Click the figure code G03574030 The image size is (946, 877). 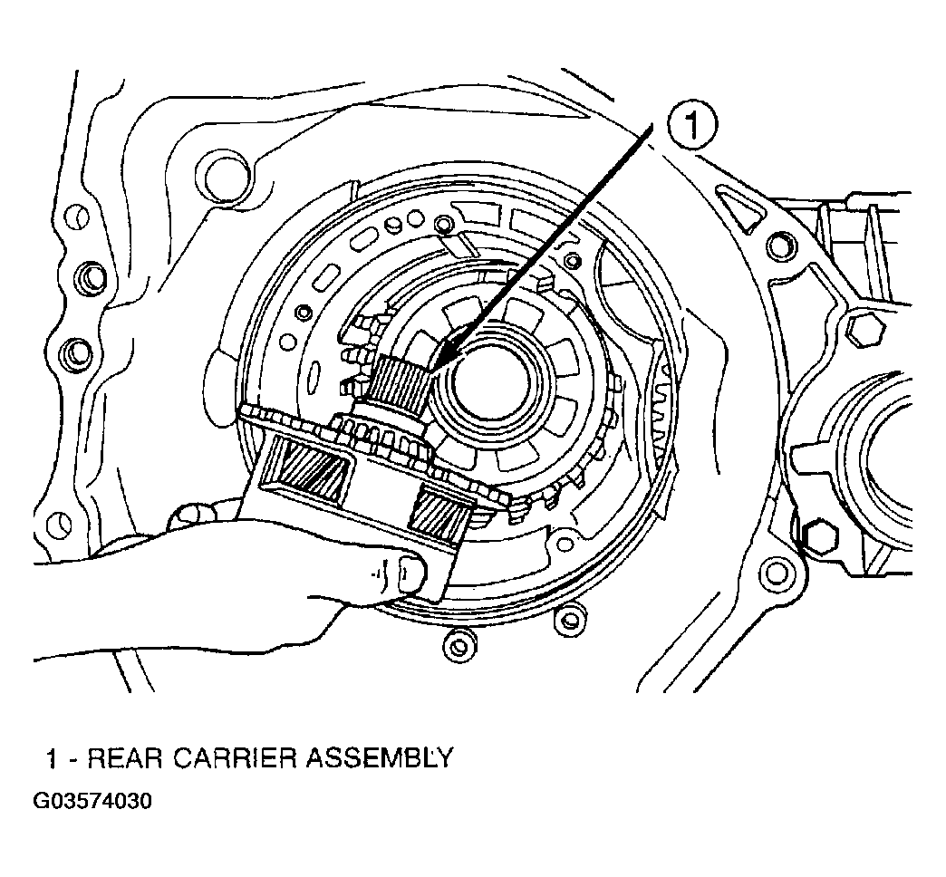(92, 802)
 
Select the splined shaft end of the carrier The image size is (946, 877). (398, 381)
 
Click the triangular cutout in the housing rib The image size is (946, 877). (741, 208)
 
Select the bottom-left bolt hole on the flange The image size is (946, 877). (59, 523)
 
